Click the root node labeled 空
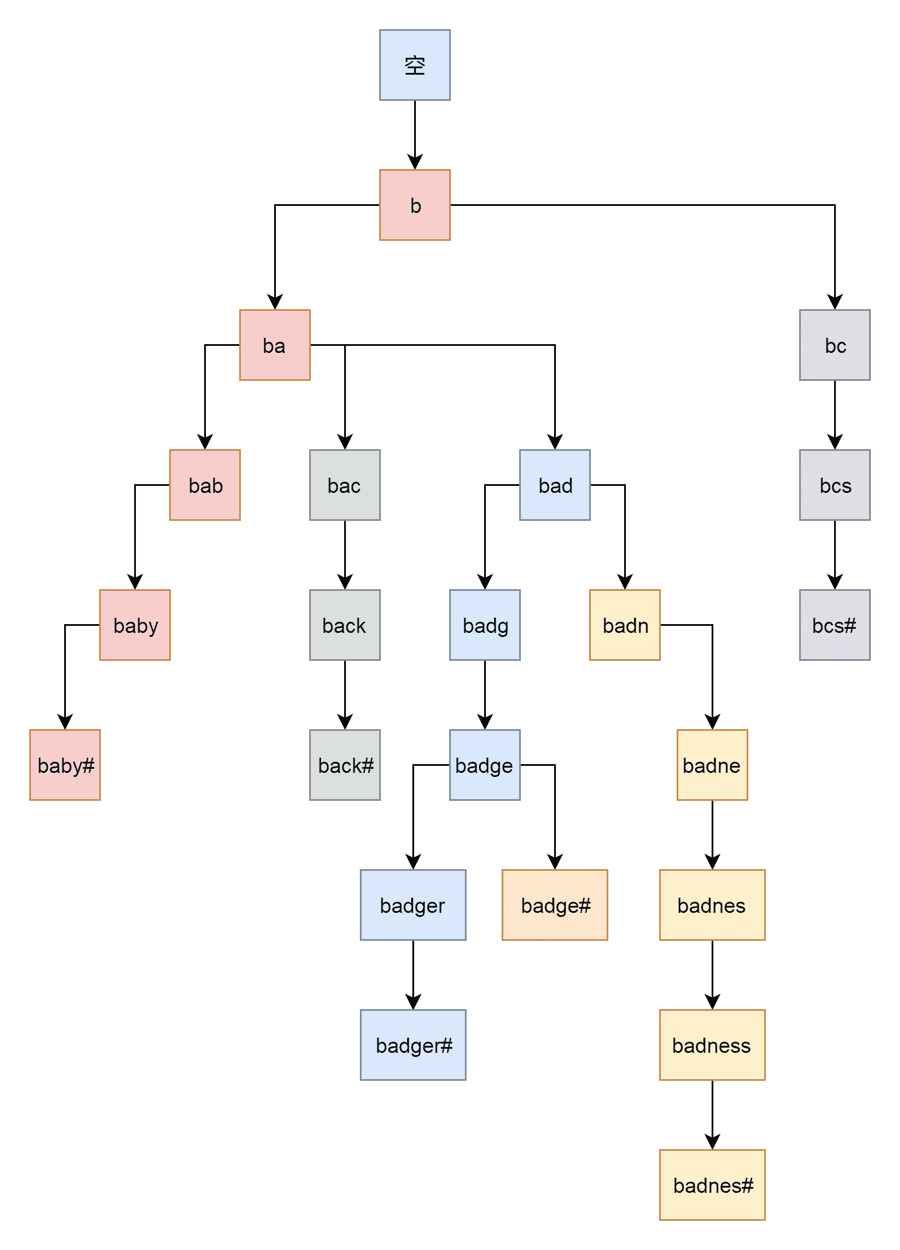point(415,65)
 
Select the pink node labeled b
point(415,205)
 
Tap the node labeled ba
point(275,345)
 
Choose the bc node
point(835,345)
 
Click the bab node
point(205,485)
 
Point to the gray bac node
point(345,485)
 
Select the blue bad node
point(555,485)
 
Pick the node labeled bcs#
point(835,625)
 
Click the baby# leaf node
point(65,765)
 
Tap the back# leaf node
point(345,765)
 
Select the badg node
point(485,625)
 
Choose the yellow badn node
point(625,625)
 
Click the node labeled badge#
point(555,905)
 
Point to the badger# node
point(413,1045)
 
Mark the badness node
point(712,1045)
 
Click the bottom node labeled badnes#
point(712,1185)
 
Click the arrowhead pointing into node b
point(415,162)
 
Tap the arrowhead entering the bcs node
point(835,442)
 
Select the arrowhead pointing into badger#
point(413,1002)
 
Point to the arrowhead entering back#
point(345,722)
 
